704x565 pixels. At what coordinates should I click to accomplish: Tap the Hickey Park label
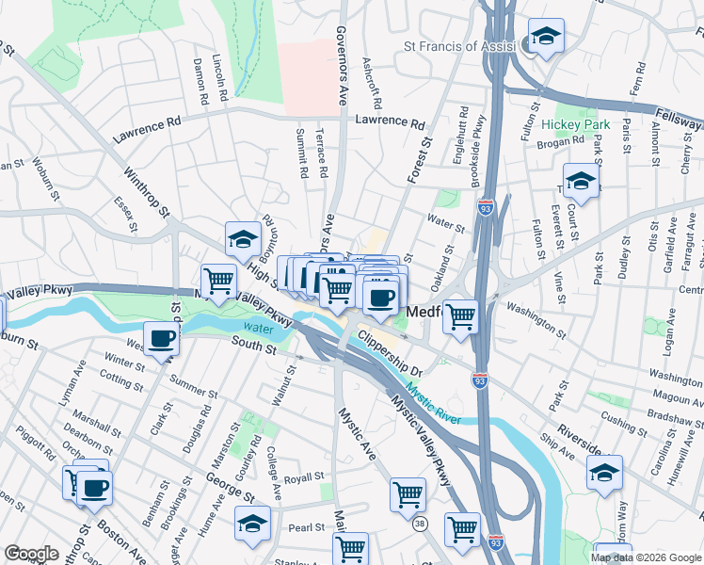point(576,124)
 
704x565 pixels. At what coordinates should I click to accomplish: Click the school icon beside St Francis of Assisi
point(545,38)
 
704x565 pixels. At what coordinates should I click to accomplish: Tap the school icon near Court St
point(582,182)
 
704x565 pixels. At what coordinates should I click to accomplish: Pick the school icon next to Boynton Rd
point(243,239)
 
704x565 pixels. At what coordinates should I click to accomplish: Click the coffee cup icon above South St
point(161,340)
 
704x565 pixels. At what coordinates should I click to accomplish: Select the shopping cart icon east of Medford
point(460,316)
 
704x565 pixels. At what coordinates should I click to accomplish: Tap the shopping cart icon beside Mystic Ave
point(408,493)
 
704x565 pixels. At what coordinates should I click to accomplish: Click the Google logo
point(31,554)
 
